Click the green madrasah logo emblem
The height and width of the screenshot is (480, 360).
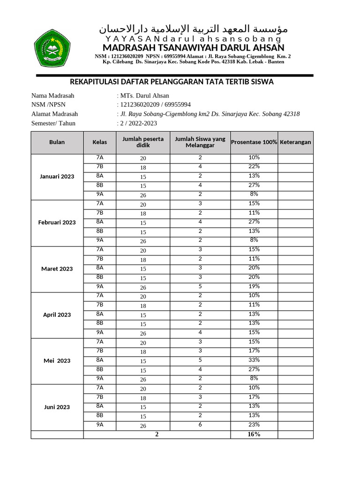52,48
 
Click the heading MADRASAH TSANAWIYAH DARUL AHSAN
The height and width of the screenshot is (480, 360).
193,48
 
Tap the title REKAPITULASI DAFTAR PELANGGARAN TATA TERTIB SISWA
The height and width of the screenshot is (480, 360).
171,82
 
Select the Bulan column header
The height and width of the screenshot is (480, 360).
57,142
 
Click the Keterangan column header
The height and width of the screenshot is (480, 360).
295,142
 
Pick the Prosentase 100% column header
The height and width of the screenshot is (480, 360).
254,142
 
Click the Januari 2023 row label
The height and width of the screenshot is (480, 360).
57,177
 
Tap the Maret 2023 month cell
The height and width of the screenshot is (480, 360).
57,269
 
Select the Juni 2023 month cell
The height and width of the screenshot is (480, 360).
57,407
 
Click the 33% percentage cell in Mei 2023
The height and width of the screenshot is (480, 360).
254,360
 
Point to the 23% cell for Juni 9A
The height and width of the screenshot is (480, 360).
254,425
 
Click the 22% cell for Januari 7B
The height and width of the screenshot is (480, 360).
254,167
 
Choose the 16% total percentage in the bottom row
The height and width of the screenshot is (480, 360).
254,435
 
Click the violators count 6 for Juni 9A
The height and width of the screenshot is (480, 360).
200,425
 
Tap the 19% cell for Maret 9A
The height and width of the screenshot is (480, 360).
254,286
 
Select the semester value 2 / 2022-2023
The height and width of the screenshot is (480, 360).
138,123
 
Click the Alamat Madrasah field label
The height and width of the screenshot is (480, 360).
54,114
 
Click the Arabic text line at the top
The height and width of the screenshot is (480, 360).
193,29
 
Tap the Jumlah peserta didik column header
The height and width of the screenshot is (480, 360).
143,142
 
